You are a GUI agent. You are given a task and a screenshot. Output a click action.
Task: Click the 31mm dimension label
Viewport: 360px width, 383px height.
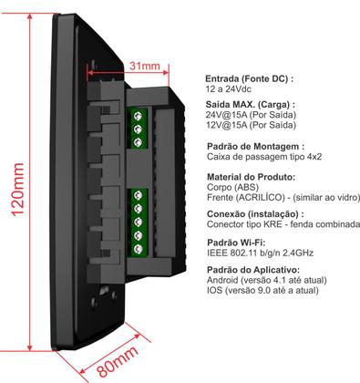[x=143, y=67]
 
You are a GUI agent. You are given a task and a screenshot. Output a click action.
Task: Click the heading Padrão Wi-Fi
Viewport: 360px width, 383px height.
[x=237, y=244]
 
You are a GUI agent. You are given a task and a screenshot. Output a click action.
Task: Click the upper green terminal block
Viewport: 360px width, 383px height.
[x=139, y=129]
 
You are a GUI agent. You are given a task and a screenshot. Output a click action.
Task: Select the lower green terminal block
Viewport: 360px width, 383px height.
[x=139, y=223]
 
